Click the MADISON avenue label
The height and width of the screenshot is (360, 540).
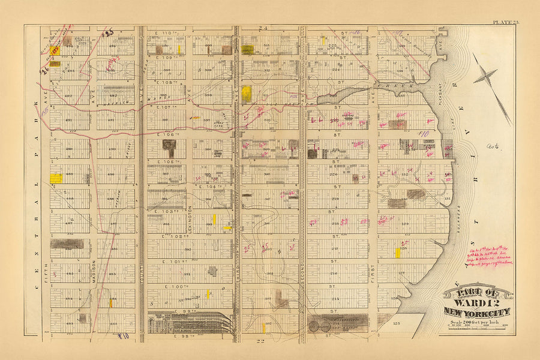point(94,271)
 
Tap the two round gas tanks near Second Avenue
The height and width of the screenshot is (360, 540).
point(318,327)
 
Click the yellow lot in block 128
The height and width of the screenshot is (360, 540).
point(397,253)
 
